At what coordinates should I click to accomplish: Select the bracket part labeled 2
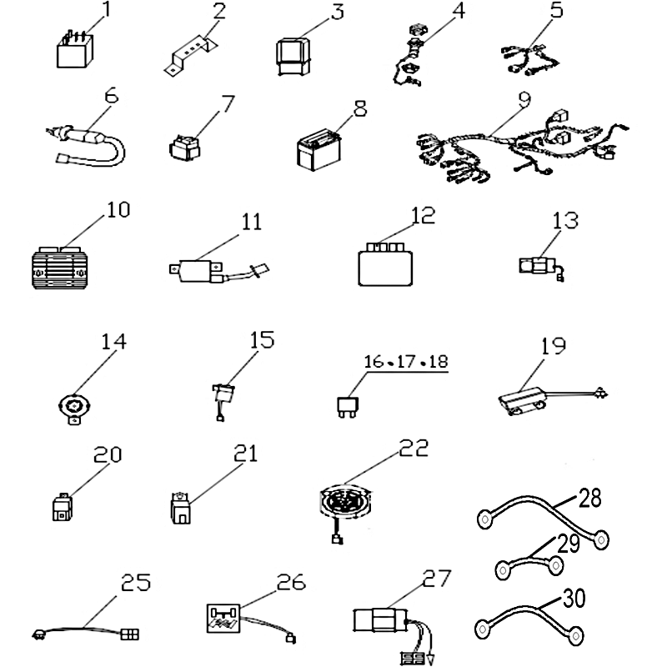pos(188,56)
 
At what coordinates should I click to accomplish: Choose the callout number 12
pos(423,215)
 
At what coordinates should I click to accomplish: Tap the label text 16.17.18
pos(406,362)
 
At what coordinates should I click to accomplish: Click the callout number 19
pos(553,345)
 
